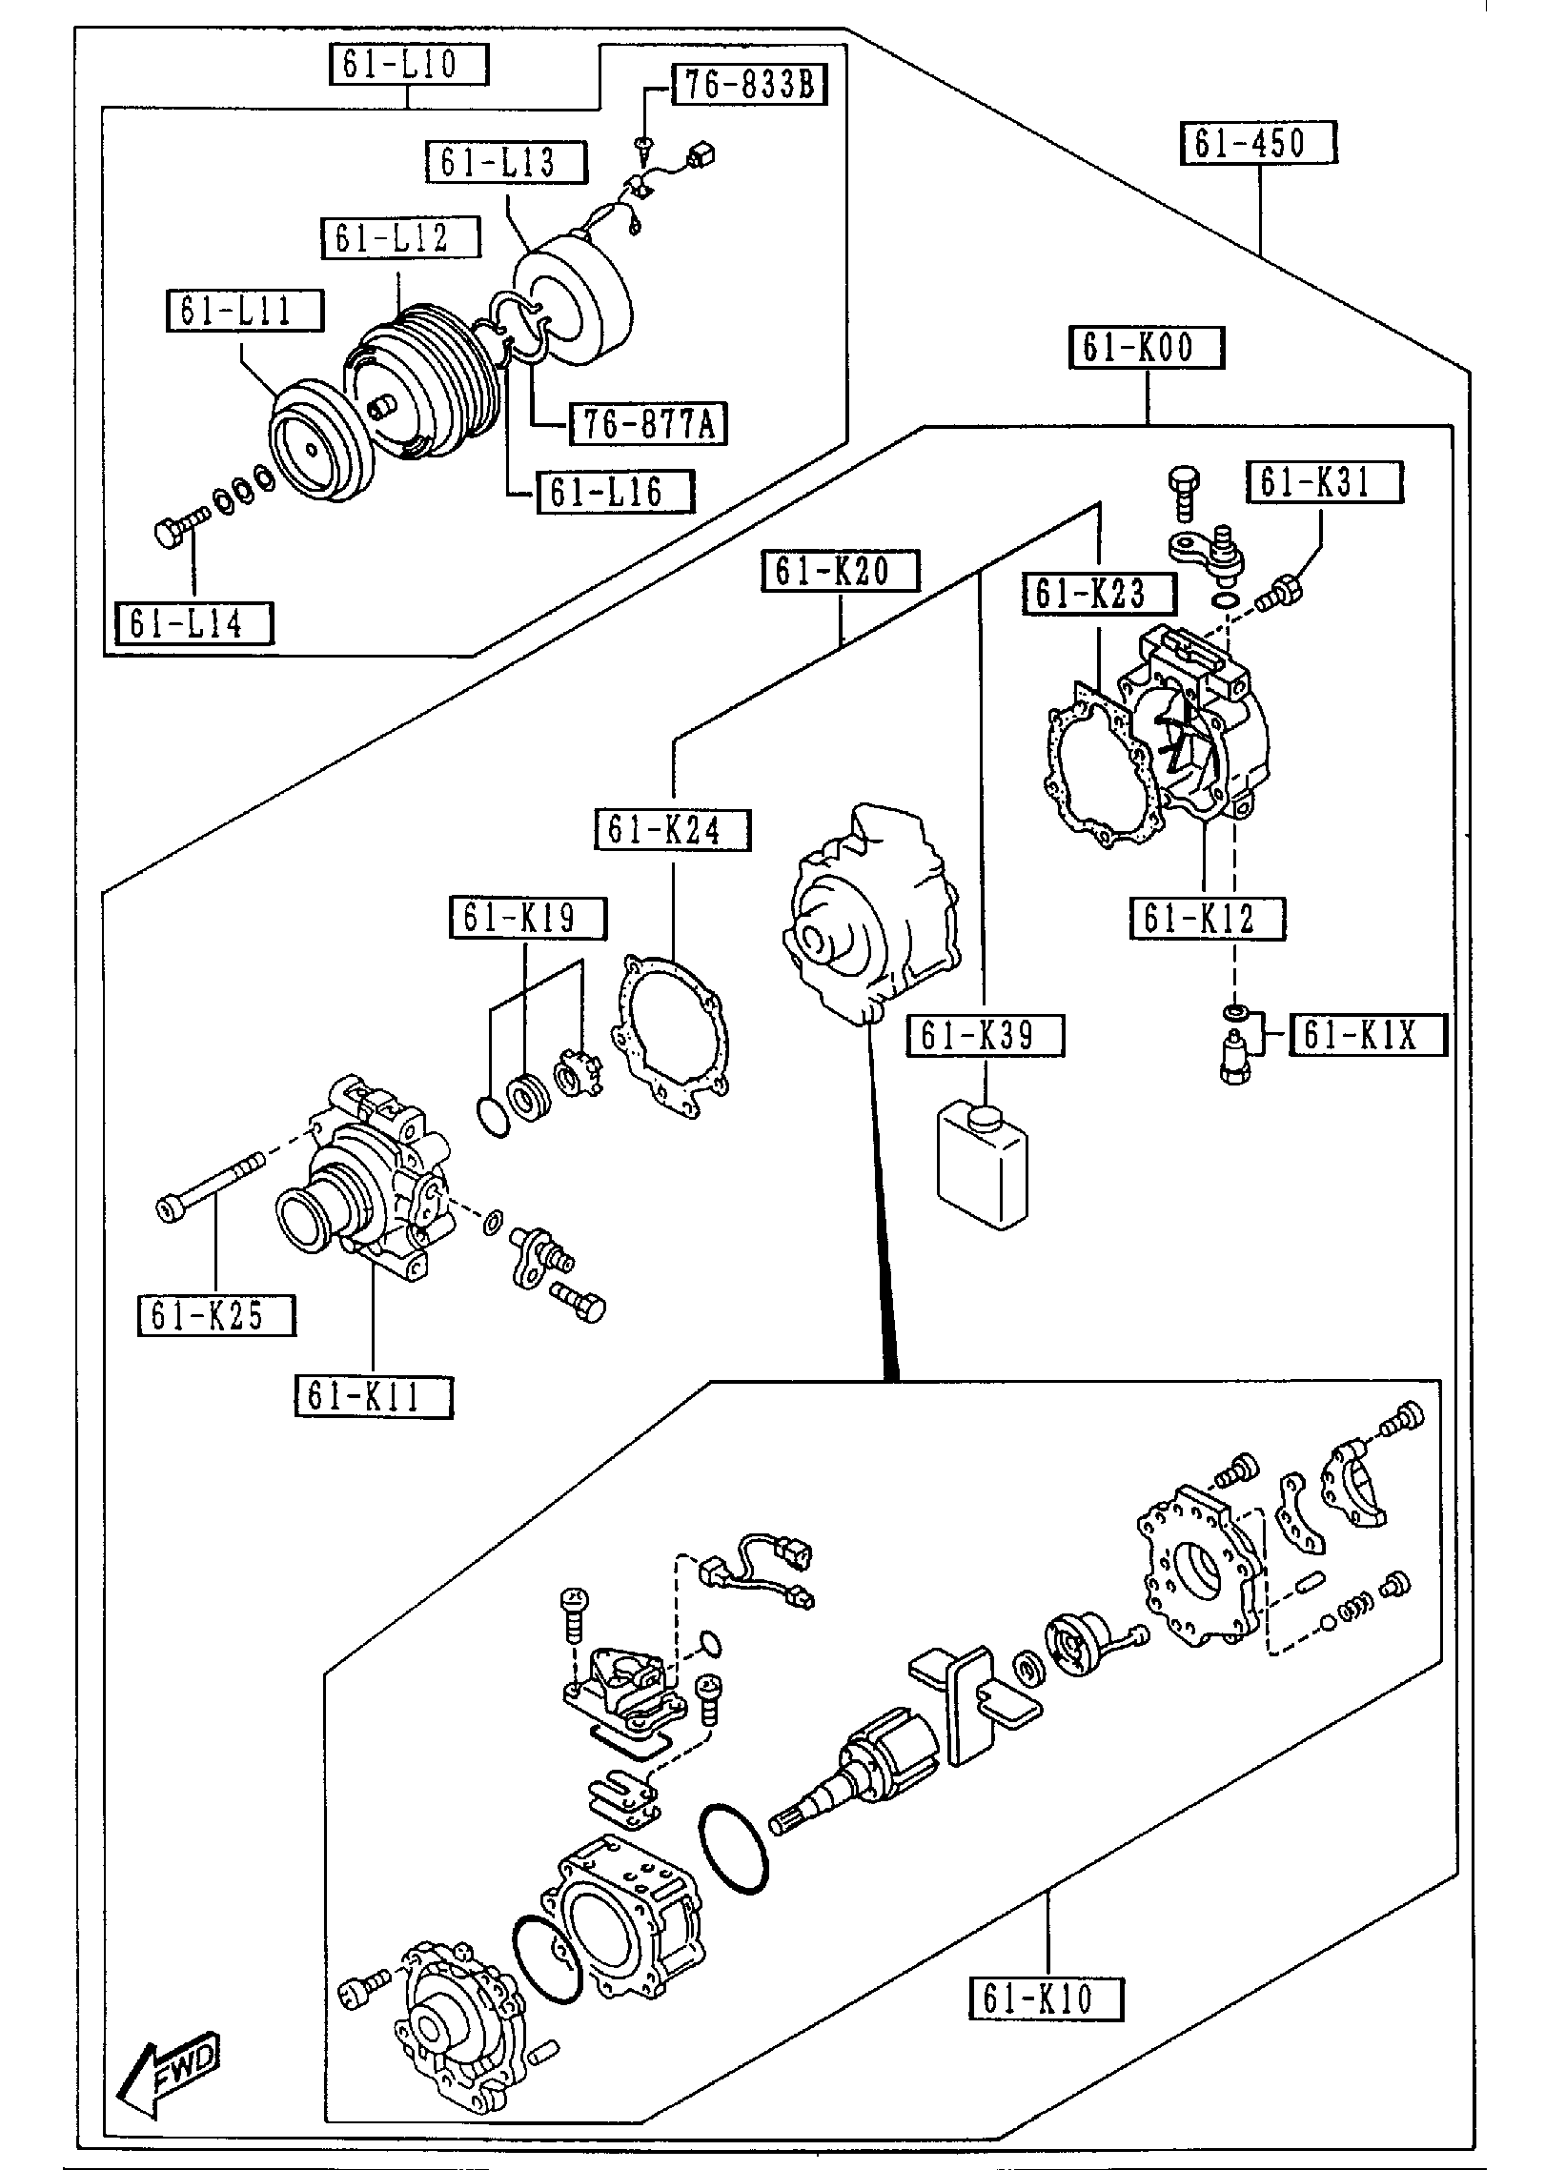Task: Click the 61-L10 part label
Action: pyautogui.click(x=409, y=65)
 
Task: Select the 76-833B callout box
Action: pyautogui.click(x=749, y=84)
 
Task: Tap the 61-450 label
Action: pyautogui.click(x=1258, y=143)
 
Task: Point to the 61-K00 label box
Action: pyautogui.click(x=1145, y=348)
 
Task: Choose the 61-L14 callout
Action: pyautogui.click(x=193, y=623)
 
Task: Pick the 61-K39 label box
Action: pyautogui.click(x=984, y=1036)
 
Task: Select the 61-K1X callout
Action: pyautogui.click(x=1367, y=1035)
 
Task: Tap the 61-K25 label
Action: pyautogui.click(x=215, y=1315)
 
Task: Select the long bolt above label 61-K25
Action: pyautogui.click(x=212, y=1186)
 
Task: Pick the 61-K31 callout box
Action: pyautogui.click(x=1324, y=483)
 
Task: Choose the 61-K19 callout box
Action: pyautogui.click(x=527, y=918)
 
